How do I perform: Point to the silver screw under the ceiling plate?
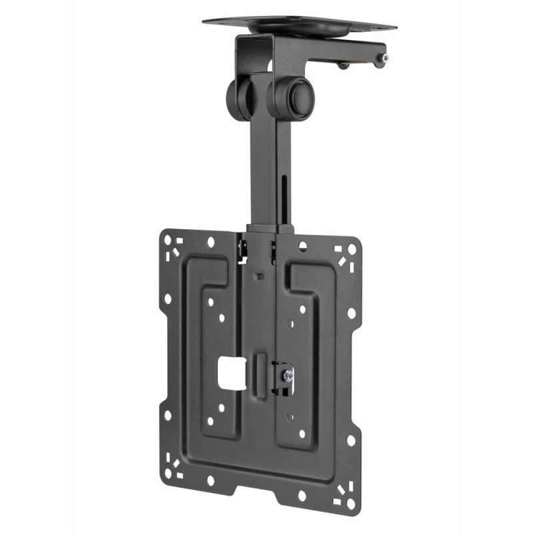click(x=380, y=61)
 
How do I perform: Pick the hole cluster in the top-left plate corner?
click(x=175, y=245)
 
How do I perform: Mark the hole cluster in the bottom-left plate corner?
click(x=175, y=466)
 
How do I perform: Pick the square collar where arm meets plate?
click(x=270, y=231)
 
